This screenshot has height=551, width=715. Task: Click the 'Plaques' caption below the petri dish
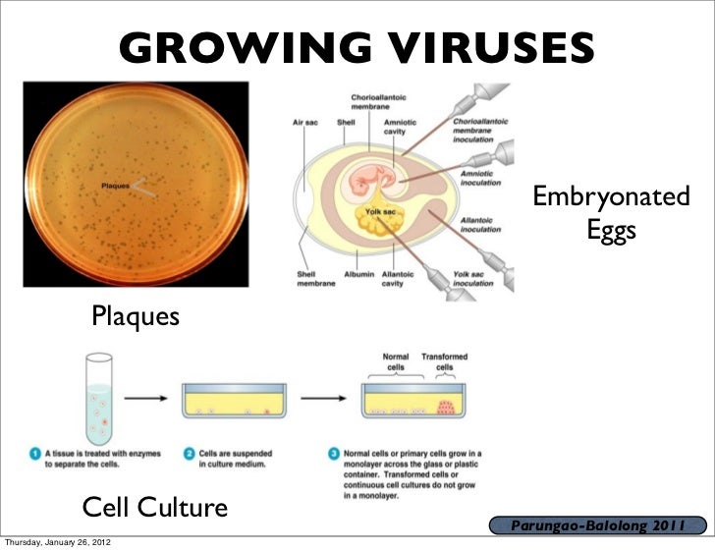(x=136, y=317)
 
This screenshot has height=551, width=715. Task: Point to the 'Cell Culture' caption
(x=155, y=508)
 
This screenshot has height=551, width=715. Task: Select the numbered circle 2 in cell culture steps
(x=191, y=454)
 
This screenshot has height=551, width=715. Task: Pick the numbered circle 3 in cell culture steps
(x=335, y=454)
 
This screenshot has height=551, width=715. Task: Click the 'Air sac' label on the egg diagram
(x=304, y=123)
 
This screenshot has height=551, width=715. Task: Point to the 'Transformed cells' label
(x=444, y=361)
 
